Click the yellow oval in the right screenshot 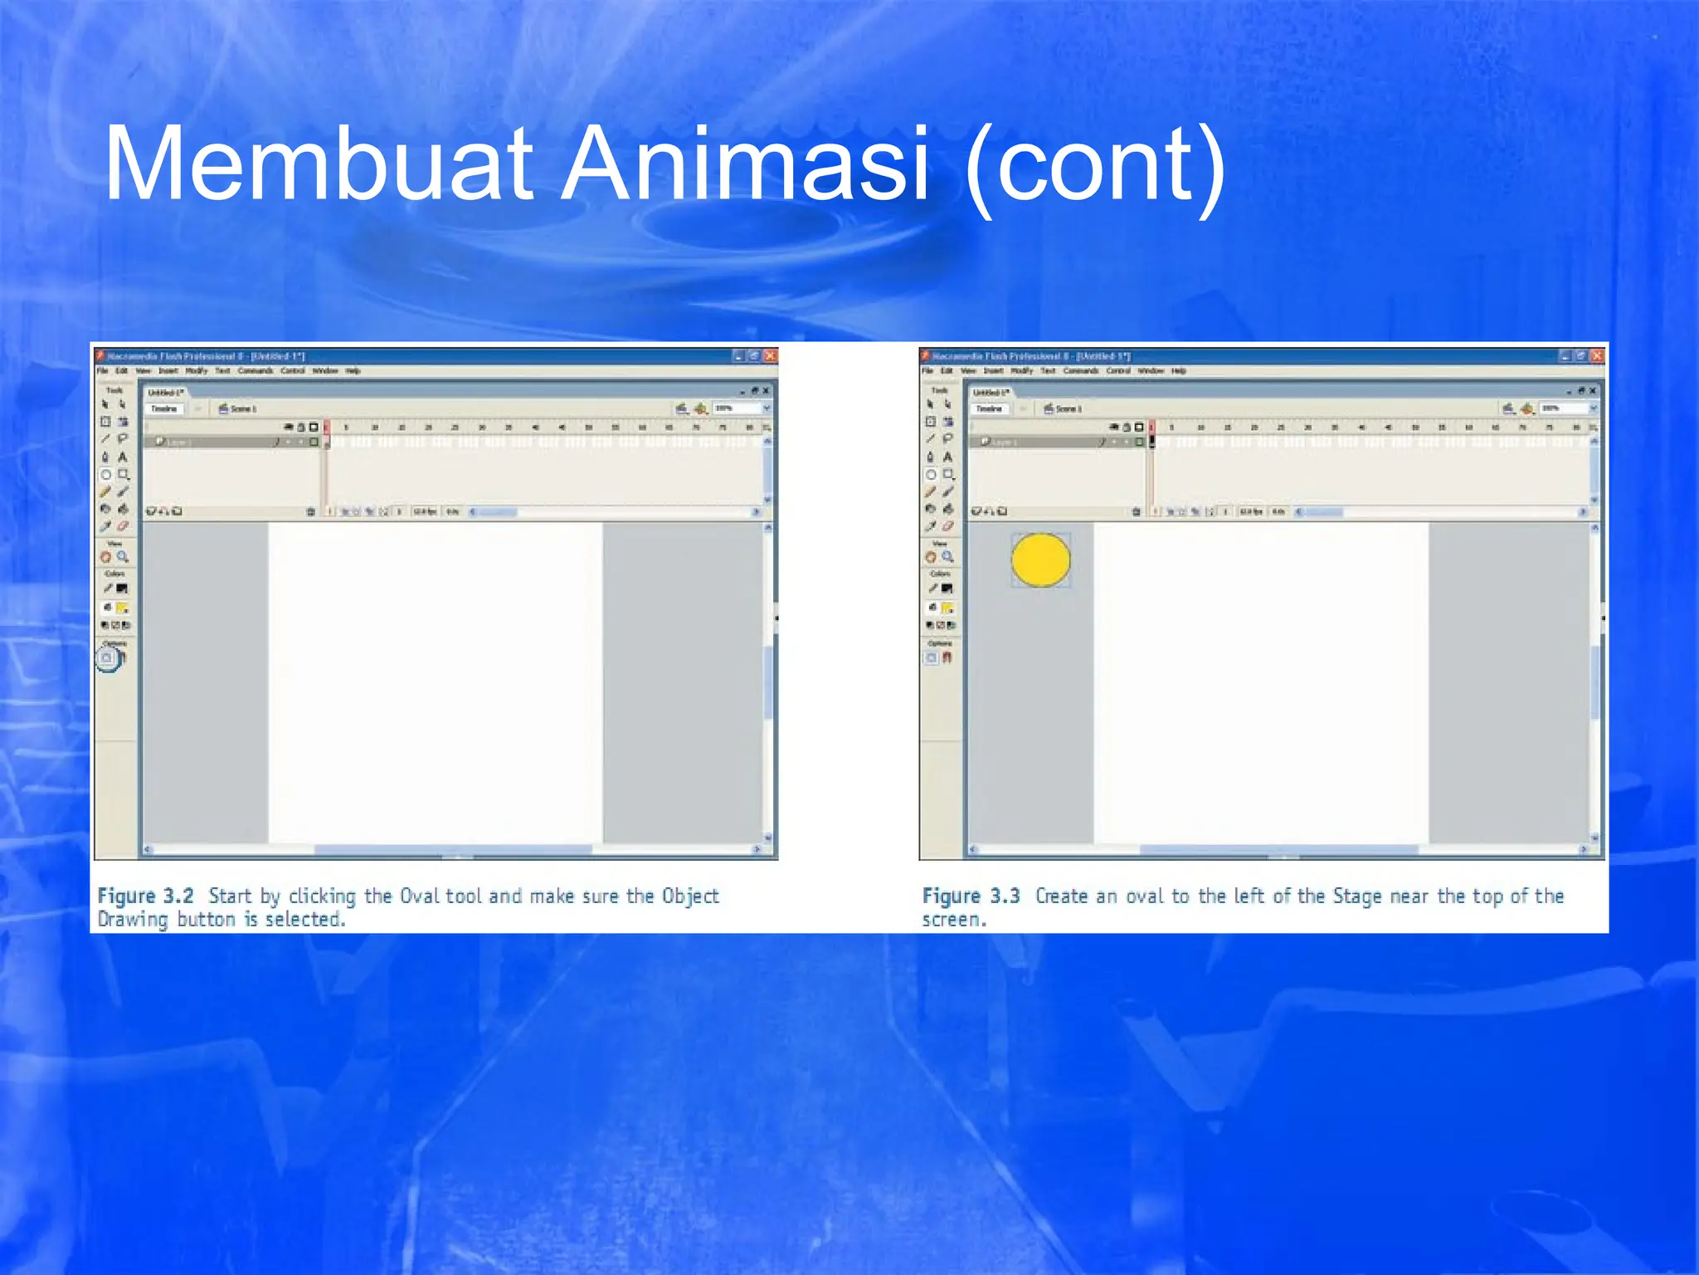click(1040, 559)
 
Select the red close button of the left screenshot click(770, 356)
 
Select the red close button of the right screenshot click(1597, 356)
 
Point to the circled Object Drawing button click(107, 658)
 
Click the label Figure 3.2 click(145, 896)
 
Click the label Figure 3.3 click(971, 896)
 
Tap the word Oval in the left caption click(421, 896)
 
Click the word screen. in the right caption click(954, 920)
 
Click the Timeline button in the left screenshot click(164, 408)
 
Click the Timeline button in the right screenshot click(989, 408)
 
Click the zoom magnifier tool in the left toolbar click(123, 557)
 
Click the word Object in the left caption click(690, 896)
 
